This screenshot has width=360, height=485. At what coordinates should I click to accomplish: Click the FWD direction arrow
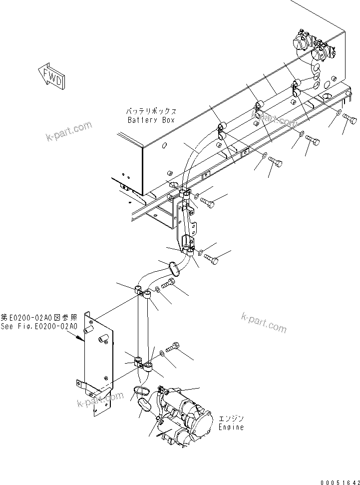pos(50,76)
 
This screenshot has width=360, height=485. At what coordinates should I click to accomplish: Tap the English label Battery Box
pos(150,120)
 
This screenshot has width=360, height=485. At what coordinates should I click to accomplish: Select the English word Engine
pos(231,427)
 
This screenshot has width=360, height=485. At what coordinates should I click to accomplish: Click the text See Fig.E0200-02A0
pos(39,326)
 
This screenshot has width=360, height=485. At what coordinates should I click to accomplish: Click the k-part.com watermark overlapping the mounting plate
pos(100,400)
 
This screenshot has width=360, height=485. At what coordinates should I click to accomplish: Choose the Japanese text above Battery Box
pos(150,111)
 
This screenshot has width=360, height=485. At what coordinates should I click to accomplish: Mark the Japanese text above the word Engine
pos(231,419)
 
